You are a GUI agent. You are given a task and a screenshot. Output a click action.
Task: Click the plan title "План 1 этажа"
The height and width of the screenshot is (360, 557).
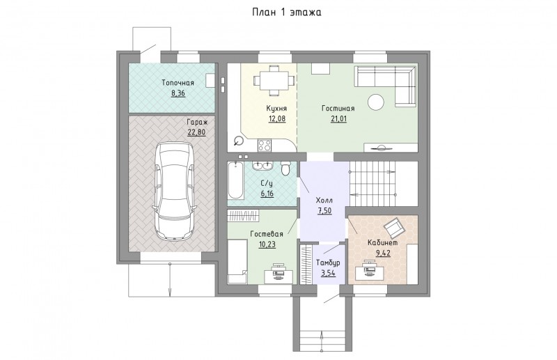287,12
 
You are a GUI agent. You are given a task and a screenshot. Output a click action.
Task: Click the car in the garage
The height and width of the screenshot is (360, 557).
174,191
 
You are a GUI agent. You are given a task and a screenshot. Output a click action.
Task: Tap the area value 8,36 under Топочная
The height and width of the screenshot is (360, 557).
178,93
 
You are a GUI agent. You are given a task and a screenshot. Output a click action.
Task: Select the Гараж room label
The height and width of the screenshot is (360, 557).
198,122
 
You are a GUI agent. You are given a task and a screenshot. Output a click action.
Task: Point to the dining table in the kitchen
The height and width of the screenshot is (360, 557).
274,80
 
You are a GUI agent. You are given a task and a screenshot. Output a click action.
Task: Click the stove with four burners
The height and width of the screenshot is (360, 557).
265,145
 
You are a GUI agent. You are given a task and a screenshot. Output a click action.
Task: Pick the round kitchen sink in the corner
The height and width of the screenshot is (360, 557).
239,141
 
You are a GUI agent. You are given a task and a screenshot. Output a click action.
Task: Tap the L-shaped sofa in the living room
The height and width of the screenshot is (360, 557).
386,85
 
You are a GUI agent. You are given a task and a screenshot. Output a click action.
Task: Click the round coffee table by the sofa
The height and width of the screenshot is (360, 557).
376,102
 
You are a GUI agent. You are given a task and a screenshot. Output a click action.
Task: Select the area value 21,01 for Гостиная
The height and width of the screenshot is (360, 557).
338,118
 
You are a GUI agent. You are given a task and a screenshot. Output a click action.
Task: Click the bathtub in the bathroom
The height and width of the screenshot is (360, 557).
235,180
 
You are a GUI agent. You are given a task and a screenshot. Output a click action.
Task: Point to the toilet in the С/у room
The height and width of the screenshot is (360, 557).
285,168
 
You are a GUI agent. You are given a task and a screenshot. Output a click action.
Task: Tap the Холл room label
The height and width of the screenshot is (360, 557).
324,201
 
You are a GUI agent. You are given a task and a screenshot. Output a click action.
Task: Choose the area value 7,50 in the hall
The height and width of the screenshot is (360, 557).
324,211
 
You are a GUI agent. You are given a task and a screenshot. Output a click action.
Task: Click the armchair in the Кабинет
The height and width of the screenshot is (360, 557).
393,228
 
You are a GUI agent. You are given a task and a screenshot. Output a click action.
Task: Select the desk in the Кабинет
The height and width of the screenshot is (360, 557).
370,272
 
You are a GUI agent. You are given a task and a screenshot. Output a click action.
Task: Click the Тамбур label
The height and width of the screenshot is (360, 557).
328,263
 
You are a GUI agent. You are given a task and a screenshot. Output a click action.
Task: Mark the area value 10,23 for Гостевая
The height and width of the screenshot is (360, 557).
267,244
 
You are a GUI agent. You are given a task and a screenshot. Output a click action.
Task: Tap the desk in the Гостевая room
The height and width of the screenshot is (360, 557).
279,274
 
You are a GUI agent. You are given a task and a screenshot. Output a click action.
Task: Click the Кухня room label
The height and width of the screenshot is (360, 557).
276,109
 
